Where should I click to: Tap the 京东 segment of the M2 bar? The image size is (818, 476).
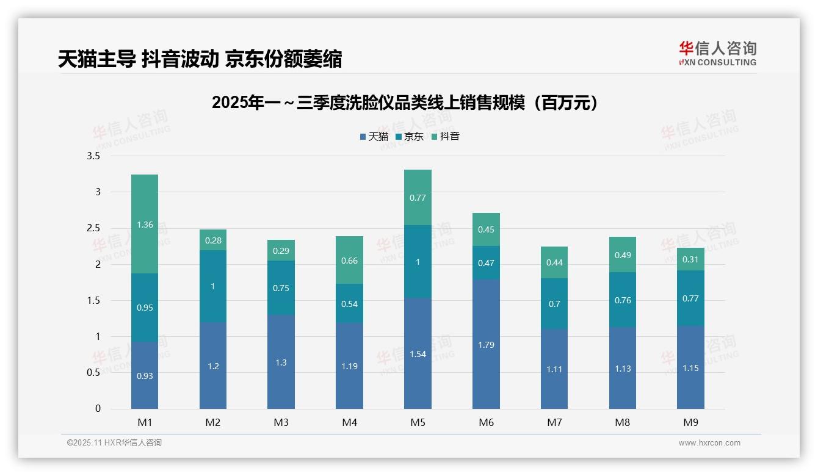pos(213,286)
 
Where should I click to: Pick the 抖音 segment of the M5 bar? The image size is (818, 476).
pos(418,198)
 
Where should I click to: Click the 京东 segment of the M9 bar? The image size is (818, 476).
pos(690,298)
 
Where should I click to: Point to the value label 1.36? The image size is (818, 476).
pos(145,225)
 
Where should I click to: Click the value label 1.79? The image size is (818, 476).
pos(486,345)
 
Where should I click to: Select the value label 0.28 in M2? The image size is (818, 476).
pos(213,240)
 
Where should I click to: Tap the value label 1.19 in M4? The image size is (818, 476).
pos(349,366)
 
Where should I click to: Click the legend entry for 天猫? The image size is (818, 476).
pos(374,137)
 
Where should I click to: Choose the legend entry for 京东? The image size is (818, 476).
pos(410,137)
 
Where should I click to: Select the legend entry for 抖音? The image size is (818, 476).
pos(445,137)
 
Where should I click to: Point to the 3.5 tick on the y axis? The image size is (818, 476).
pos(93,156)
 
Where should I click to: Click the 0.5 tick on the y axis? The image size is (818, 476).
pos(93,373)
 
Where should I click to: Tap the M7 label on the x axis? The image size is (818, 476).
pos(554,422)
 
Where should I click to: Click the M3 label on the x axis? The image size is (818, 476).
pos(281,422)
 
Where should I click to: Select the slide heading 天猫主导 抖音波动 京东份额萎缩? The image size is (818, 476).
pos(200,59)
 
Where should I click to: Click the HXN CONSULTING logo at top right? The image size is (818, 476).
pos(717,53)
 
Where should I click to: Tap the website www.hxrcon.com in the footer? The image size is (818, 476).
pos(709,443)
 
